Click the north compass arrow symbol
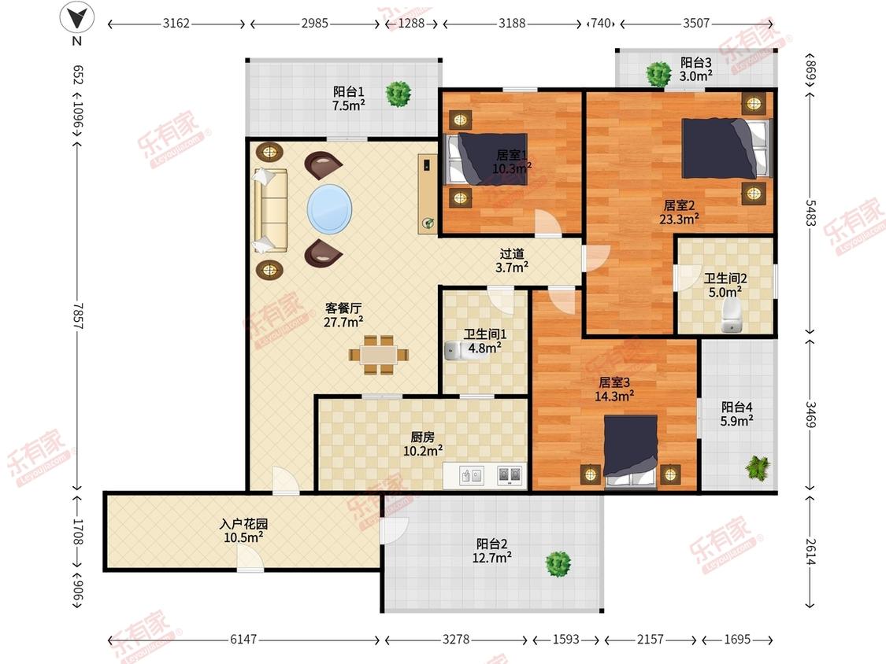(77, 17)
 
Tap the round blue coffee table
(329, 209)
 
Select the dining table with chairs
(379, 355)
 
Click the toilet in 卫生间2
(731, 315)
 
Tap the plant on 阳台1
(399, 94)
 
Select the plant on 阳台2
(558, 564)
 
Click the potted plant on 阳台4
(757, 468)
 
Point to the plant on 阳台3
(658, 74)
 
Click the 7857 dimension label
(77, 316)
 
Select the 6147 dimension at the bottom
(243, 639)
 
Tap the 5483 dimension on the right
(810, 212)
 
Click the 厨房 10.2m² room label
(423, 444)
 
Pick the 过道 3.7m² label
(512, 261)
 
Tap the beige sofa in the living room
(271, 210)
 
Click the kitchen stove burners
(509, 475)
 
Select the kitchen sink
(471, 475)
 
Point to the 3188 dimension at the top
(512, 23)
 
